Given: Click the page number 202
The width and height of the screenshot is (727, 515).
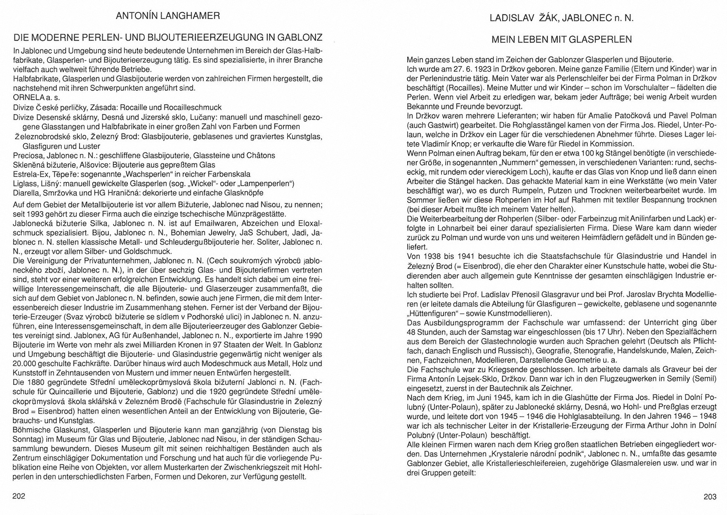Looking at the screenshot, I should coord(19,496).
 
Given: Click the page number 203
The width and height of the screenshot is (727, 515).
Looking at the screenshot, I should coord(710,497).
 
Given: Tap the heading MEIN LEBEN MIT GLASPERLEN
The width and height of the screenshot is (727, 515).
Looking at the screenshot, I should coord(562,40).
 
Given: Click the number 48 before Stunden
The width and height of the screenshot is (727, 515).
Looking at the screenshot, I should coord(412,332).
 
